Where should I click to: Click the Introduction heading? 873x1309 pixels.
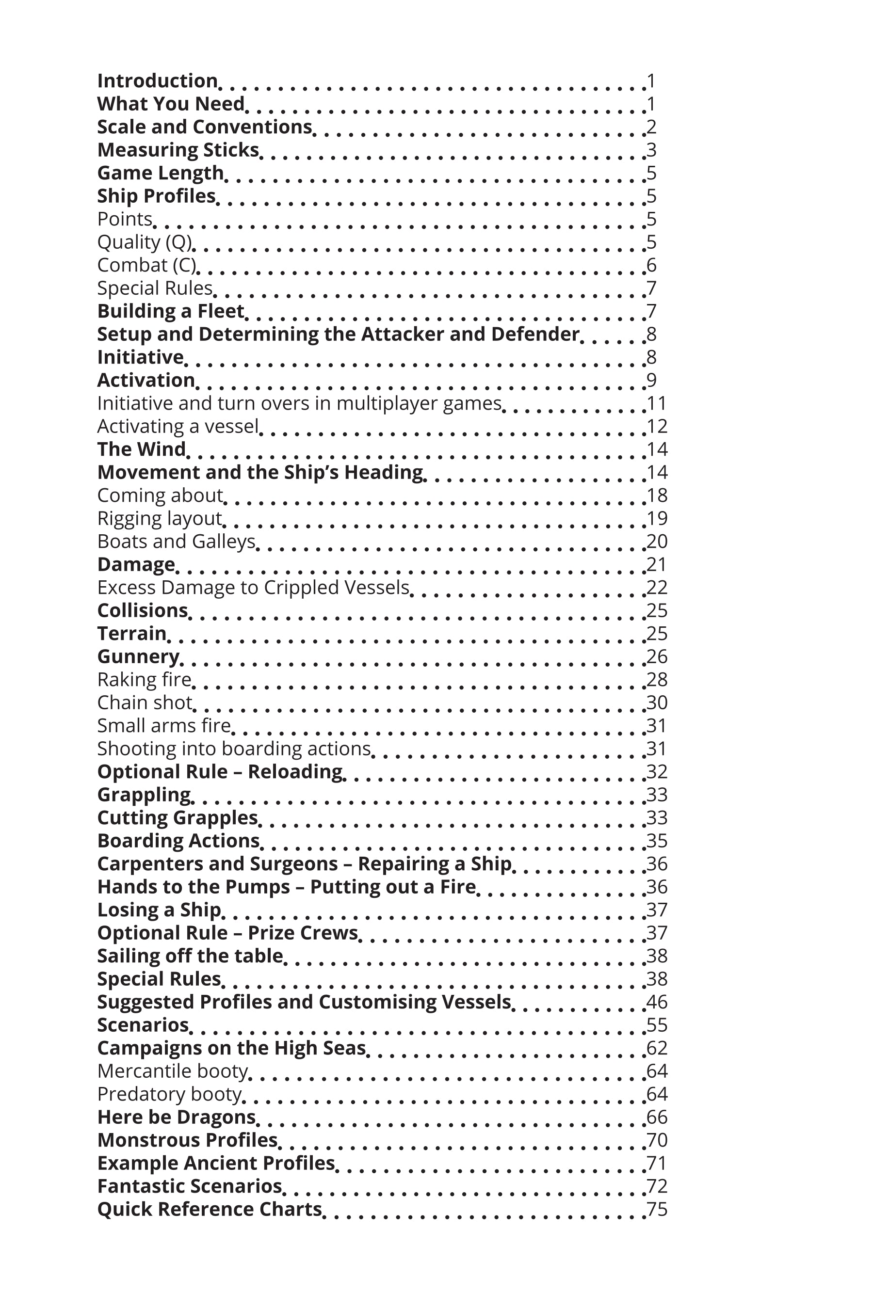157,81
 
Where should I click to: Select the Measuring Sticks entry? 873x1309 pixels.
178,150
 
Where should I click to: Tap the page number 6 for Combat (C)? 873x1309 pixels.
651,266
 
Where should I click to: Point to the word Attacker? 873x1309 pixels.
402,334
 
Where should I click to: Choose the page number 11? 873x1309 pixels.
656,403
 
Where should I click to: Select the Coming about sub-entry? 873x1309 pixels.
161,495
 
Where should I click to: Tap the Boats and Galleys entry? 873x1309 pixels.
176,542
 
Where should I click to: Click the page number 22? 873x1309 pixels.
656,588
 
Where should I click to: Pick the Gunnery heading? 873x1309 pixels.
138,657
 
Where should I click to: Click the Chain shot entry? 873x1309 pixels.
145,703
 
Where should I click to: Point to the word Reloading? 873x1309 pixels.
295,772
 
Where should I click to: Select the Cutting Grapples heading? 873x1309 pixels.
177,818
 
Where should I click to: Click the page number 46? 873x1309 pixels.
656,1002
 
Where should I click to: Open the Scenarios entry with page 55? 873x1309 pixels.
143,1025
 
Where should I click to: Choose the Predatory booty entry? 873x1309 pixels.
170,1094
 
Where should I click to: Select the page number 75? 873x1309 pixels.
656,1210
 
